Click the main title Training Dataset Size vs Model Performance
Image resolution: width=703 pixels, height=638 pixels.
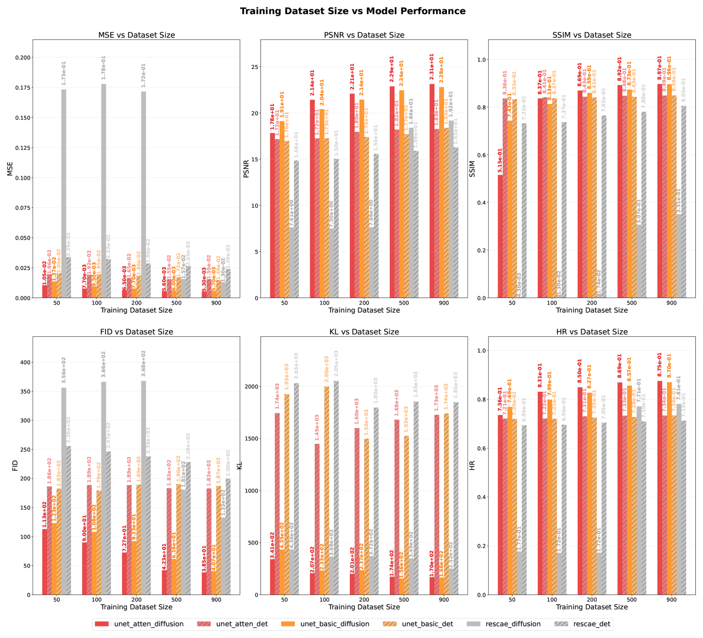click(352, 11)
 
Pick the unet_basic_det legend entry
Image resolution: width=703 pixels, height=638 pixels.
click(427, 624)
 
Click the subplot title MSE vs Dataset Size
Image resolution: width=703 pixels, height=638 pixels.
click(136, 35)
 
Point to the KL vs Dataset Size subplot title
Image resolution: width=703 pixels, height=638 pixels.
click(364, 332)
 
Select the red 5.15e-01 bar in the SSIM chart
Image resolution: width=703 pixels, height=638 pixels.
click(500, 236)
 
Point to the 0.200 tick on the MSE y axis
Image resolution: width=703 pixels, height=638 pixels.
click(23, 58)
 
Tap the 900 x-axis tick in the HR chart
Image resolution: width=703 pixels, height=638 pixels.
click(671, 599)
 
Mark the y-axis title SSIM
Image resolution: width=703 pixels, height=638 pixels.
click(472, 169)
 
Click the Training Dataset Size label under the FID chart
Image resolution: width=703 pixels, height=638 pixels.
click(136, 607)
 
